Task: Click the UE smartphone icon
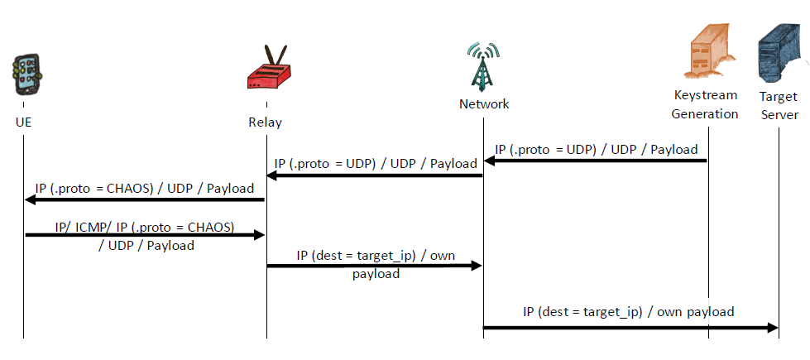[x=26, y=77]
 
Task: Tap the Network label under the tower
[x=484, y=104]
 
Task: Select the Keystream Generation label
[x=705, y=104]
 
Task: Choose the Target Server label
[x=779, y=105]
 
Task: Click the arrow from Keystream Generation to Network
[x=595, y=161]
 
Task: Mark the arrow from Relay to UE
[x=145, y=199]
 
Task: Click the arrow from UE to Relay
[x=145, y=235]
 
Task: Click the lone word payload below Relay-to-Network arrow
[x=376, y=274]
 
